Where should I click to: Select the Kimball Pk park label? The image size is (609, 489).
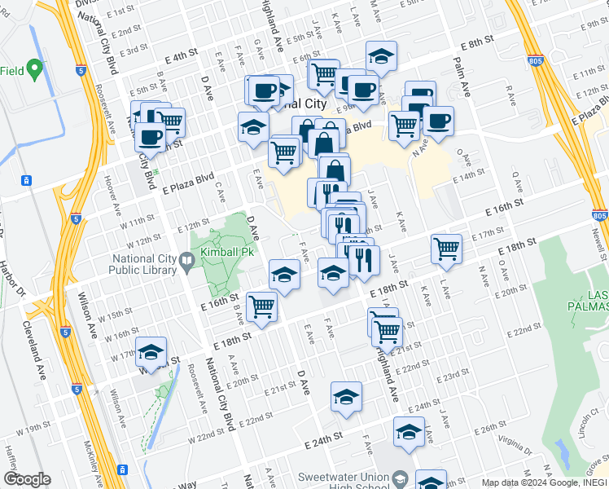coord(231,253)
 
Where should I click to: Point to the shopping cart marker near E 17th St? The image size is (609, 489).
coord(446,249)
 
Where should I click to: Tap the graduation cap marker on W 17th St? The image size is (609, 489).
coord(151,351)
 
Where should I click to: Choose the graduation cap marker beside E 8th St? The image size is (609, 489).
coord(381,55)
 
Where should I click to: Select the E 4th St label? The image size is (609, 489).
coord(181,56)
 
